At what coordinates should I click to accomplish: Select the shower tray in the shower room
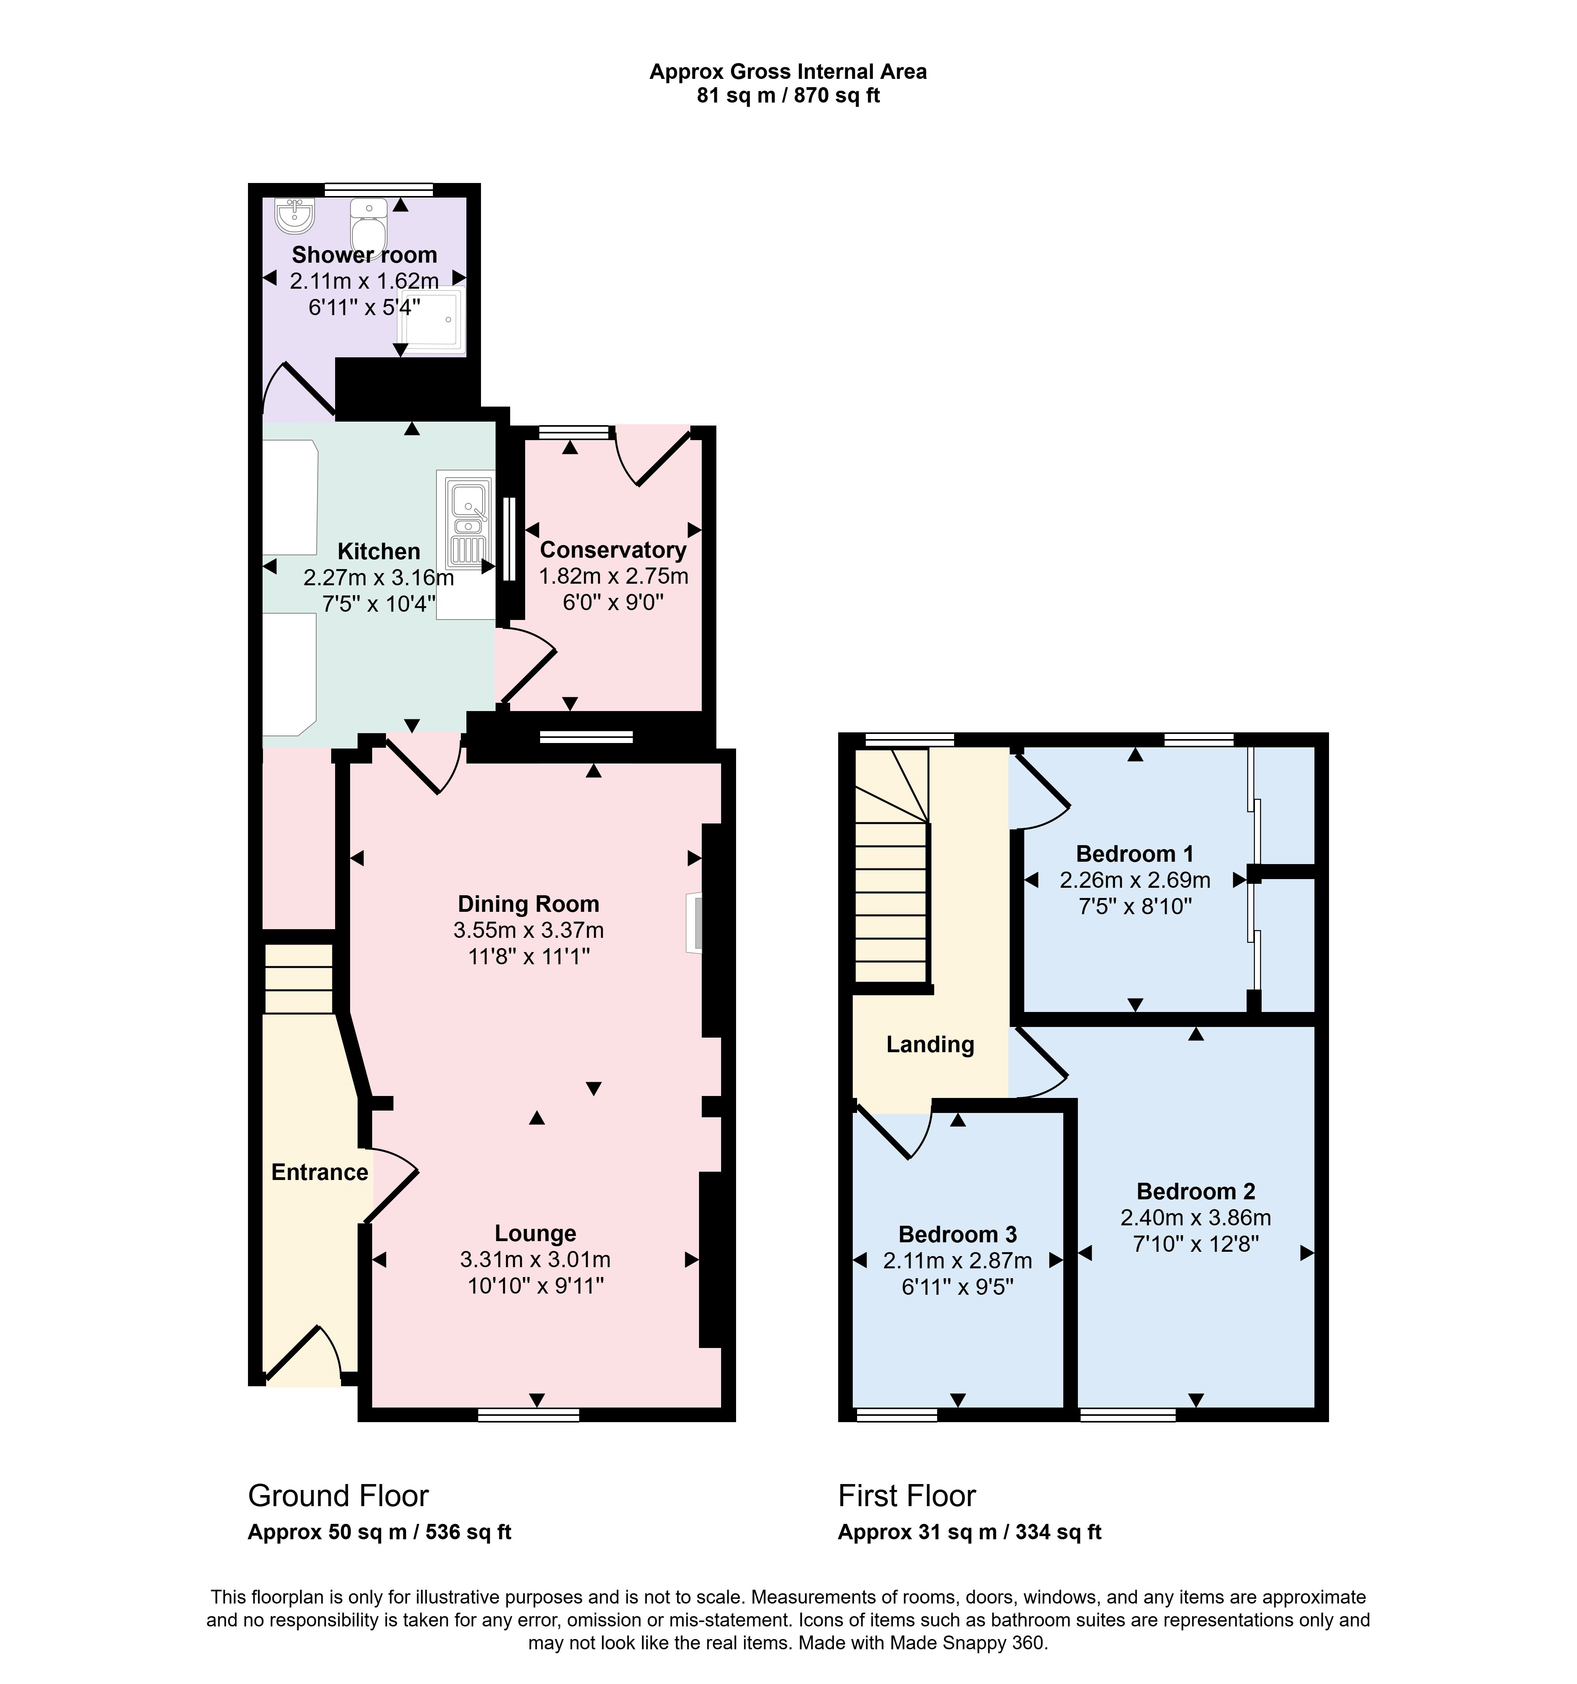click(430, 320)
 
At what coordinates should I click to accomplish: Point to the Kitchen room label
click(378, 551)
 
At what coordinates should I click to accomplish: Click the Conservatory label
click(613, 550)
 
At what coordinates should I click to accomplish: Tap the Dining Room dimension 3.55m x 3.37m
click(528, 930)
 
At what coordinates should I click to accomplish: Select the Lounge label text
click(535, 1233)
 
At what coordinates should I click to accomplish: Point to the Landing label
click(930, 1044)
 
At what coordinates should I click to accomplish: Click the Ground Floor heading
click(338, 1496)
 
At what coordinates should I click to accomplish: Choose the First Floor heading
click(907, 1496)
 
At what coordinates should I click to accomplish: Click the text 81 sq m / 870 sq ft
click(788, 96)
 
